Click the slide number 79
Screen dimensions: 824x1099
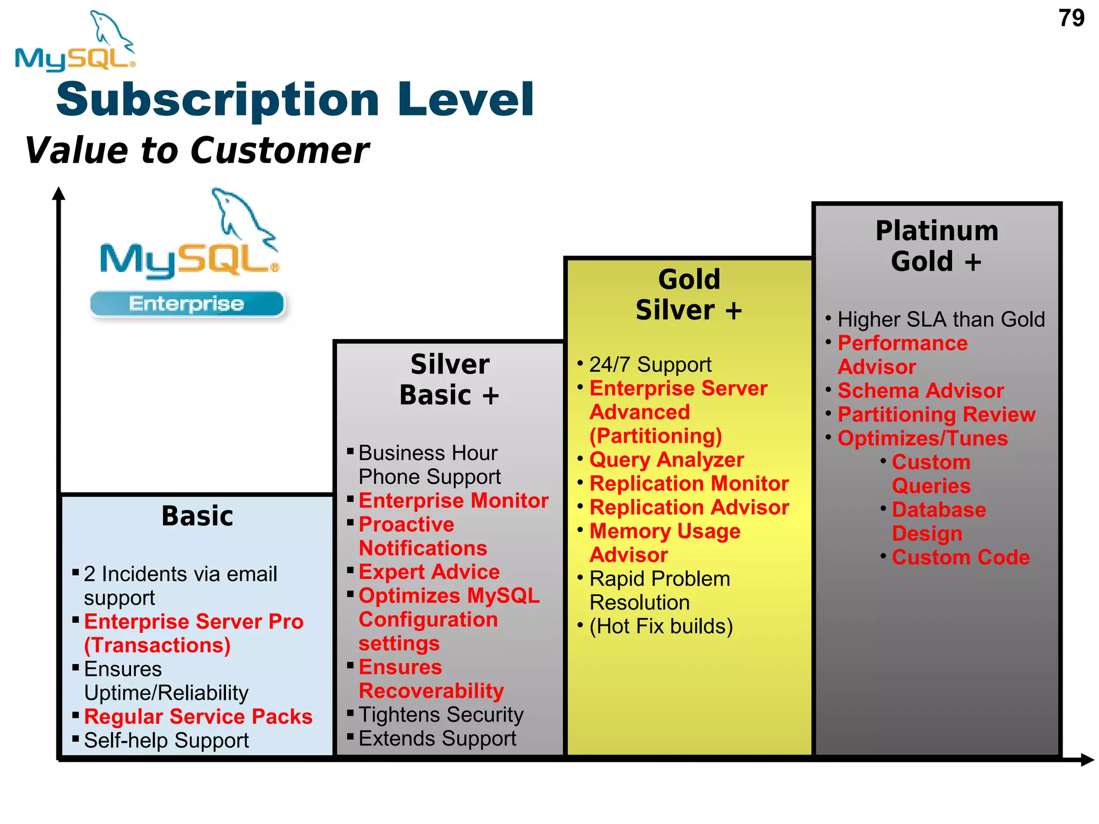tap(1071, 18)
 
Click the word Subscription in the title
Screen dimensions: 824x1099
tap(217, 100)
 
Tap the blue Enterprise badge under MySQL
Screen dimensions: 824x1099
tap(187, 304)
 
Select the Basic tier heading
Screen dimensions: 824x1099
tap(197, 516)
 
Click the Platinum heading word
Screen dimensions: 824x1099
tap(936, 231)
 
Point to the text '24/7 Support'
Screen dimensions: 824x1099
tap(650, 365)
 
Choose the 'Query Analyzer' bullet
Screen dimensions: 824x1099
tap(666, 460)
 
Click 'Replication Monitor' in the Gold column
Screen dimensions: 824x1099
tap(689, 484)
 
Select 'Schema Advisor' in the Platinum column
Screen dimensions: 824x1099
tap(920, 391)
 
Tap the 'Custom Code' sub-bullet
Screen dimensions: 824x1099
tap(961, 557)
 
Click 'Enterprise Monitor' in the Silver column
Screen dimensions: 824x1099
tap(453, 501)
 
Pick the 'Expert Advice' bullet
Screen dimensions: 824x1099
tap(429, 572)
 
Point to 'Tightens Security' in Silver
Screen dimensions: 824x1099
tap(441, 715)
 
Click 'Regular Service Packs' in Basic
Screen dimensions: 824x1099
tap(198, 717)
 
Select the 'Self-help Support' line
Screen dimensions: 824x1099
tap(166, 741)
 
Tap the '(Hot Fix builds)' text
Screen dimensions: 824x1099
tap(661, 626)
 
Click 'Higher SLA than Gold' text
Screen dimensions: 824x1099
tap(941, 320)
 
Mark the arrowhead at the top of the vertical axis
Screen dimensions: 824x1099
tap(59, 194)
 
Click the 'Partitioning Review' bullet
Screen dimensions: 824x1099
tap(936, 415)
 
